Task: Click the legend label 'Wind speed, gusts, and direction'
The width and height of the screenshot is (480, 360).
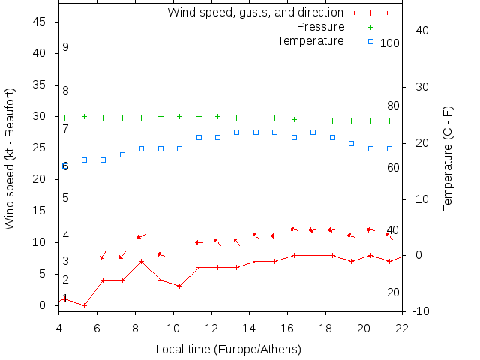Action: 255,12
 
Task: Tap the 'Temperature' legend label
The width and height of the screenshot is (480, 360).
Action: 310,40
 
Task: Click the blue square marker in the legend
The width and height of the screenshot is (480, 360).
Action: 370,41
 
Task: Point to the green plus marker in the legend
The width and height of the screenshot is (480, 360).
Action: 370,27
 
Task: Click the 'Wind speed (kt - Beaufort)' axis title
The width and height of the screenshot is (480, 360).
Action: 10,158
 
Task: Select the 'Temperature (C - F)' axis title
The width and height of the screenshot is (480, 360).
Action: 448,158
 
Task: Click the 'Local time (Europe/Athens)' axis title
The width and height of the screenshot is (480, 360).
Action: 228,349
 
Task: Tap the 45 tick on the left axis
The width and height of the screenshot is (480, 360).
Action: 40,22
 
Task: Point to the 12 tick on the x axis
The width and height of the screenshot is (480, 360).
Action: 211,327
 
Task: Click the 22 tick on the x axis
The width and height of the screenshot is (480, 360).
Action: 402,327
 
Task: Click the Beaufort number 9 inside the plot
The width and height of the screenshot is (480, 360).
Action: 66,47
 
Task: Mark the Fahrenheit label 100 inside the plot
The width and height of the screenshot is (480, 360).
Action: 390,43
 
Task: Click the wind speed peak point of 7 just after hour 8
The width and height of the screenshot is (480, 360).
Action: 141,261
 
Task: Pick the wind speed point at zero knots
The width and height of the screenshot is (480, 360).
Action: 84,305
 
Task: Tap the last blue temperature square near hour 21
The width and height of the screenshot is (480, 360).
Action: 389,148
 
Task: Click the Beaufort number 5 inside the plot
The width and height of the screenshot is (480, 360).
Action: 66,198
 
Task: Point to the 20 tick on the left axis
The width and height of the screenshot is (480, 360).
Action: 40,179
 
